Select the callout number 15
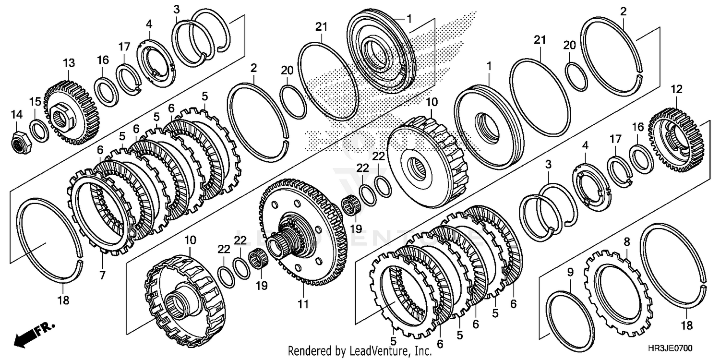point(36,102)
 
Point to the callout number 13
point(69,63)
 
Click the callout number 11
point(303,304)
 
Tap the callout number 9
point(570,273)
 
